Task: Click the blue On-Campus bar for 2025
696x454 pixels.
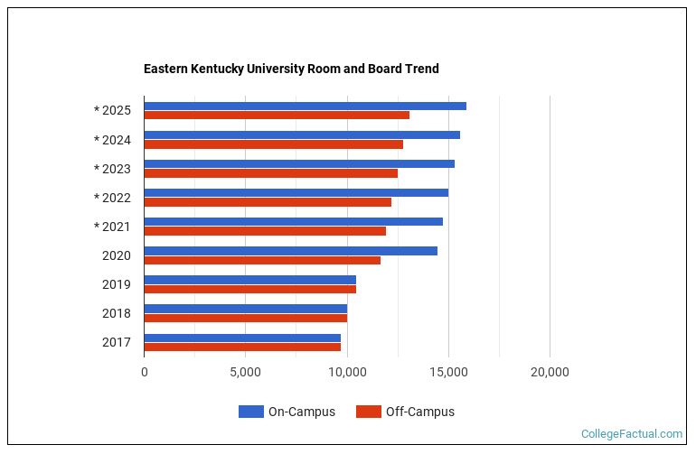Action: point(305,106)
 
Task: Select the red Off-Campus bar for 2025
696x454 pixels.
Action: point(277,115)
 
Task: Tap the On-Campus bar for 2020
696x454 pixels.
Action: point(290,250)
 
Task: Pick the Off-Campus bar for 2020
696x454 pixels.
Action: point(262,260)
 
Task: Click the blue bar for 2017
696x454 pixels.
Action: point(242,337)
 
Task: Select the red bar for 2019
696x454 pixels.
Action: point(249,289)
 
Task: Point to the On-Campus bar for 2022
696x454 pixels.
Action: point(296,192)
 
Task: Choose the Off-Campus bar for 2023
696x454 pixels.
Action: point(270,173)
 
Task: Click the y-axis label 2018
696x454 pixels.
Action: point(117,313)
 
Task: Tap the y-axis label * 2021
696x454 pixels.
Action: point(112,227)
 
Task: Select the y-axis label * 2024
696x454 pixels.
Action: point(112,140)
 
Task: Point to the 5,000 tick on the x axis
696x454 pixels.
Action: point(245,372)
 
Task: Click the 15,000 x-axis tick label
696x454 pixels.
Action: point(448,372)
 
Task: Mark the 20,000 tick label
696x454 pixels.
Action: point(550,372)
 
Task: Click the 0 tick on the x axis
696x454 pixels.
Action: point(145,372)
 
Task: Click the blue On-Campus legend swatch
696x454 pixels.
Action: point(250,412)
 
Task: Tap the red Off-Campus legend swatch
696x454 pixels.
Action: point(368,412)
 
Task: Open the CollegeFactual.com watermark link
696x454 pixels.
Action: point(631,434)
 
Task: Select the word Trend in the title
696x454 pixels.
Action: point(421,69)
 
